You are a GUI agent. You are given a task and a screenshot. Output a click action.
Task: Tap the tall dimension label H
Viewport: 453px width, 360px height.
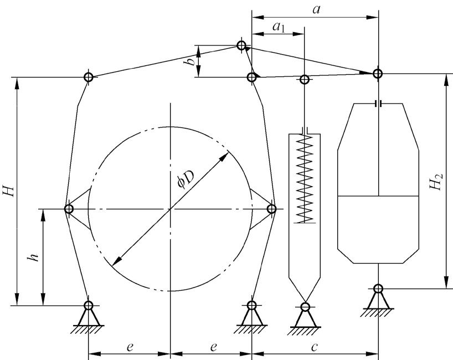[9, 191]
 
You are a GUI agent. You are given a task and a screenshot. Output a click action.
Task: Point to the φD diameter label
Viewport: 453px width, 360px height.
[186, 179]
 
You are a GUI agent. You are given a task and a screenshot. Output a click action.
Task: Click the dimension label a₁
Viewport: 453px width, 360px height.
[279, 27]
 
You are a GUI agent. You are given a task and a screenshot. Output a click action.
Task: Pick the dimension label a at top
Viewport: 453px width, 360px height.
[316, 9]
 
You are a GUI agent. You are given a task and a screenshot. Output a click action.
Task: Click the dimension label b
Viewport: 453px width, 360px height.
[191, 61]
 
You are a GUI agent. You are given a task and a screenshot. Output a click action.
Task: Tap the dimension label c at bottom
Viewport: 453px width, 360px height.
[315, 347]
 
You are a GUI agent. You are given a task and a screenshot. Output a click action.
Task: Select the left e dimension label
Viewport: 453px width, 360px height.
[130, 347]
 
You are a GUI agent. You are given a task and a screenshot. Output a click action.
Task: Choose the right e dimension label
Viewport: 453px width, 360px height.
[213, 347]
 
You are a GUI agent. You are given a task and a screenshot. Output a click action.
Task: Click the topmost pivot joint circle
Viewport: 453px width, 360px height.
[241, 45]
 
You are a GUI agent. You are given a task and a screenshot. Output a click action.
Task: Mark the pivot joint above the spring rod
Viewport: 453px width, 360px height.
[305, 79]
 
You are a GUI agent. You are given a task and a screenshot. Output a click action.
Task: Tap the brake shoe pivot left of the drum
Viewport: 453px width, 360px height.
[69, 209]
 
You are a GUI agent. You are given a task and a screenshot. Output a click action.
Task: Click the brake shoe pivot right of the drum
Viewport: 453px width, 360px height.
[271, 209]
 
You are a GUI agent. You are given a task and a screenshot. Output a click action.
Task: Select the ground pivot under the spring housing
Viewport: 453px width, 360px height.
[305, 306]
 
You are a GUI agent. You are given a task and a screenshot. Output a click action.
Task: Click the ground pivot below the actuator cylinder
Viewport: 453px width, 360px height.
[378, 289]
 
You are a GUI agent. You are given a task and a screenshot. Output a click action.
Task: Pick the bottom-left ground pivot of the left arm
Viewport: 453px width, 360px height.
[89, 305]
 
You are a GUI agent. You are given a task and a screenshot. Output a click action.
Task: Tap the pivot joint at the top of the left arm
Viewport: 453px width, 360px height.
[89, 77]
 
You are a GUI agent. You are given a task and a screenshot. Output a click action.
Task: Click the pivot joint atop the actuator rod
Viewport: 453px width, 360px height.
[377, 74]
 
